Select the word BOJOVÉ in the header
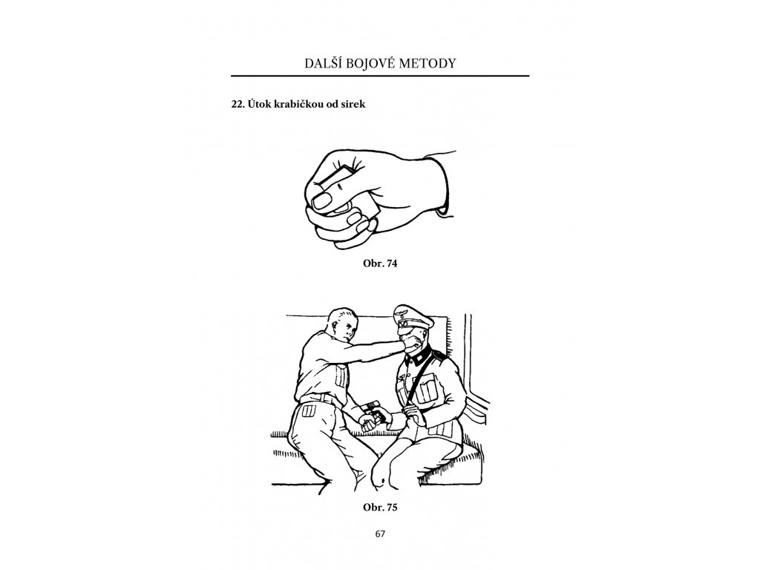(x=370, y=64)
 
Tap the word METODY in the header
(x=427, y=64)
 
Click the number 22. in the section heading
(x=237, y=104)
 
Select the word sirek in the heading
(x=354, y=104)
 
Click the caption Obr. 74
(x=380, y=263)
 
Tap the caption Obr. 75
(x=380, y=507)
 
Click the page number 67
(x=380, y=534)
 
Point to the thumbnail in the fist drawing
(x=323, y=200)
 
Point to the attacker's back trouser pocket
(x=309, y=411)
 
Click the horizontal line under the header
(x=380, y=76)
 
